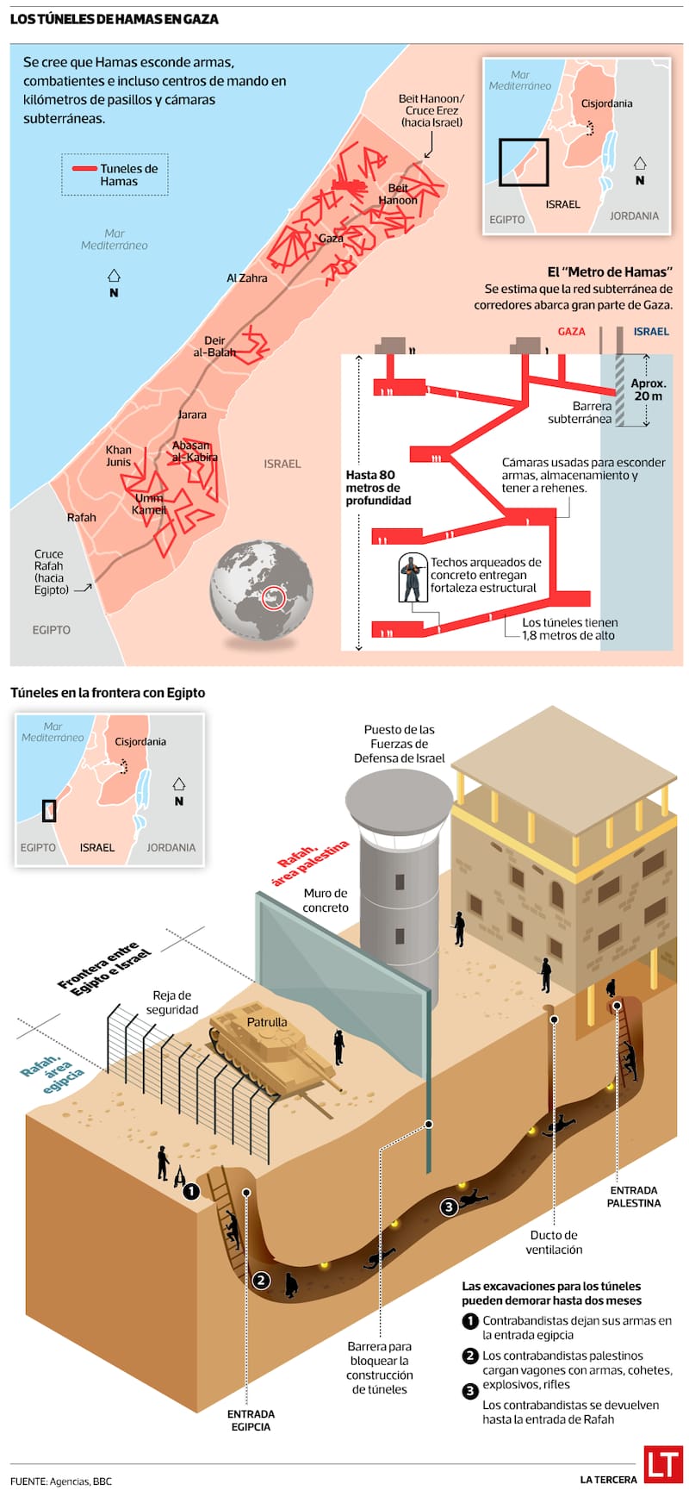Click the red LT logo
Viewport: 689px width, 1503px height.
(x=663, y=1463)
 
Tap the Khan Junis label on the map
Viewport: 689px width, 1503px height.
(x=119, y=455)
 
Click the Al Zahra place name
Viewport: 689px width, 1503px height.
(x=247, y=278)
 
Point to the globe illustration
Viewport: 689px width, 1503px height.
(x=261, y=590)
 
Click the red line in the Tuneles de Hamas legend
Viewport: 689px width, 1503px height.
(x=84, y=169)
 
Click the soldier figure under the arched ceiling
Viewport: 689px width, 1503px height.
(x=413, y=577)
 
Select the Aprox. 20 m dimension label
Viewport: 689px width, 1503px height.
(x=648, y=390)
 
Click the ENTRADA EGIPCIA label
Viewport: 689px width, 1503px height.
(x=251, y=1419)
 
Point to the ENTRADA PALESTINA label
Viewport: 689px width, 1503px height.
(x=634, y=1196)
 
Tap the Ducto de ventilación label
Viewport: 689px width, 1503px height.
(x=555, y=1242)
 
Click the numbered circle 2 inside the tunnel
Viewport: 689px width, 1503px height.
(x=261, y=1281)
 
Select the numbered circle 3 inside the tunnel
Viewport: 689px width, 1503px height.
(x=448, y=1207)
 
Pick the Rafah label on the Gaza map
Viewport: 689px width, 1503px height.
(x=82, y=517)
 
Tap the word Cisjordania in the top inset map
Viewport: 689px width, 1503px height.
(x=606, y=103)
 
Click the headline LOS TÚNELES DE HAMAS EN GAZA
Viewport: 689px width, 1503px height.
(x=115, y=18)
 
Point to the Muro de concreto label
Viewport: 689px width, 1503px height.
(x=326, y=900)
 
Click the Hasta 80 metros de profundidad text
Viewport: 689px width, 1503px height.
(x=378, y=487)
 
